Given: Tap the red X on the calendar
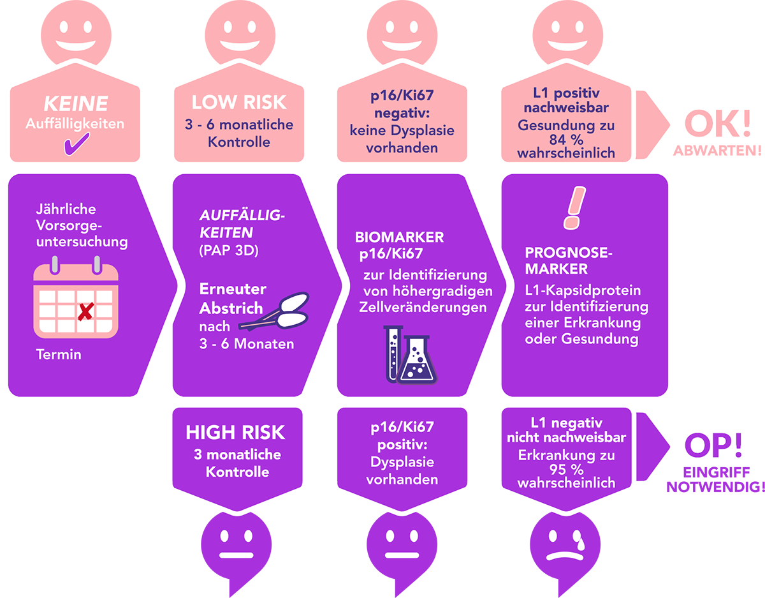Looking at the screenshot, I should click(84, 312).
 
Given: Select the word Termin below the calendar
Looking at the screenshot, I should click(59, 354).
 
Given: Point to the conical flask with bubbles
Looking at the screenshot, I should click(416, 361).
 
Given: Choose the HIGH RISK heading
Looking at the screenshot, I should click(235, 433).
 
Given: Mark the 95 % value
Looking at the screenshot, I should click(566, 469).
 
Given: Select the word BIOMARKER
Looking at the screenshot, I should click(399, 237).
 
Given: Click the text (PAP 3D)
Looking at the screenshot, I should click(228, 250).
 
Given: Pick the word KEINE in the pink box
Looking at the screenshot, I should click(75, 104).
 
